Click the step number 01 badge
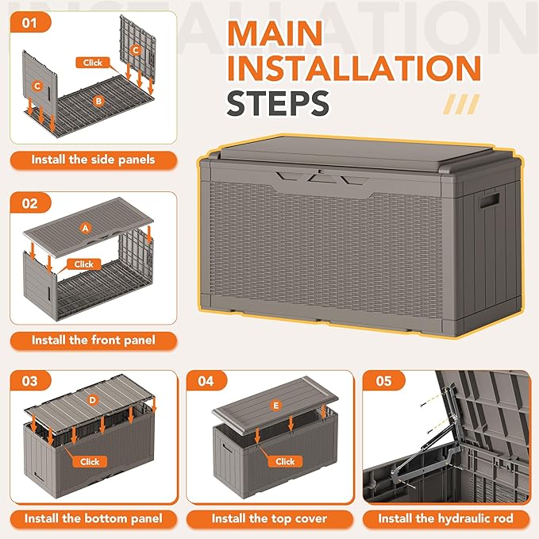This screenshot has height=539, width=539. [x=30, y=23]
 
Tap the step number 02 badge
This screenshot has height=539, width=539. [x=30, y=203]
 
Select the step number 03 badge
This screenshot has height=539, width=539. [x=30, y=381]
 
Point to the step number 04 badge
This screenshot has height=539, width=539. [x=206, y=381]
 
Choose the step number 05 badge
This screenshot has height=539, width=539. [x=384, y=381]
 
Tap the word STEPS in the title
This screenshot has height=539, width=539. [x=278, y=103]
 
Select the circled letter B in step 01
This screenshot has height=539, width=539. [x=98, y=101]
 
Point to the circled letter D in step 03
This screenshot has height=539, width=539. [x=93, y=400]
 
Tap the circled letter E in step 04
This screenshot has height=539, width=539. [x=276, y=406]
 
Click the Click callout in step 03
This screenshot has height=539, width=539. [x=90, y=461]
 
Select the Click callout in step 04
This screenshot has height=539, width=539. [x=285, y=461]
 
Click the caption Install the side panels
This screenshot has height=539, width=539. [x=93, y=160]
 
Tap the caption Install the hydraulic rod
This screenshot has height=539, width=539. [x=445, y=518]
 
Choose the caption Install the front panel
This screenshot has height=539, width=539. [x=93, y=340]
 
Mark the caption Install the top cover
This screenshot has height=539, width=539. [x=269, y=518]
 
